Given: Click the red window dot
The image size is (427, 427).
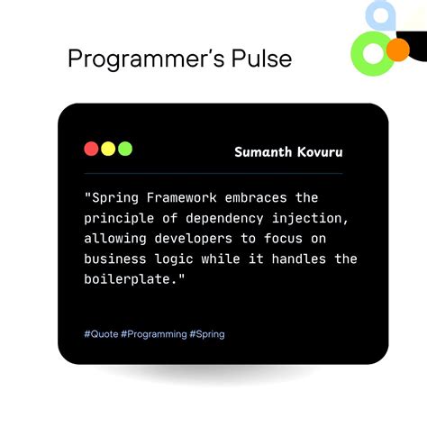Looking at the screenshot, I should pyautogui.click(x=91, y=149).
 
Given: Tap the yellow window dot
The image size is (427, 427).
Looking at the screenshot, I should pyautogui.click(x=108, y=149).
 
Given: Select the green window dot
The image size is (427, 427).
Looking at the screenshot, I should pyautogui.click(x=125, y=149).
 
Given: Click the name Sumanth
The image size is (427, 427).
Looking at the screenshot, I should pyautogui.click(x=262, y=151).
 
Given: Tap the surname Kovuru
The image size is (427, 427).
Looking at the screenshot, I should pyautogui.click(x=318, y=151).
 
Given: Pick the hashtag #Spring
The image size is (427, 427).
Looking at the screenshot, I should pyautogui.click(x=207, y=334).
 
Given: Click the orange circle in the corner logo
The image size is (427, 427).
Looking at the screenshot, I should pyautogui.click(x=396, y=49).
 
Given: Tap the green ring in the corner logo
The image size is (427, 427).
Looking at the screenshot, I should pyautogui.click(x=370, y=54).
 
